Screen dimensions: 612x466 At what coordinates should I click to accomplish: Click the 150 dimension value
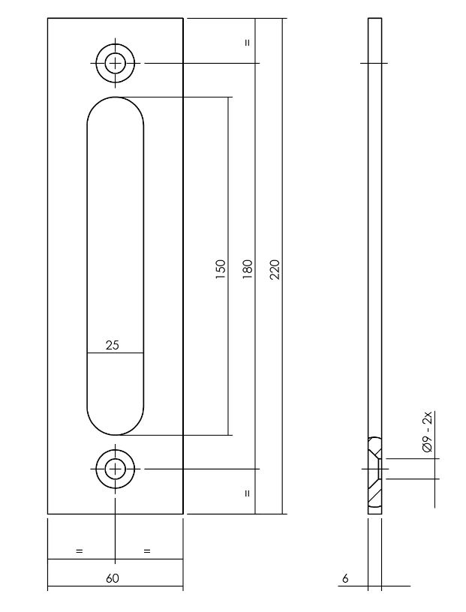point(220,269)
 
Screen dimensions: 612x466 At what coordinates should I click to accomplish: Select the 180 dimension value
point(248,269)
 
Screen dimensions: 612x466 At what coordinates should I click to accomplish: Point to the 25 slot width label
point(113,345)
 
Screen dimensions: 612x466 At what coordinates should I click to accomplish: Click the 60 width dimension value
point(113,578)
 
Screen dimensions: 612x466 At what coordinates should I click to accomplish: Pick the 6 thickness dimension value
point(345,578)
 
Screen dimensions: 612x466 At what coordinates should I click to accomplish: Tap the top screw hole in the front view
point(115,64)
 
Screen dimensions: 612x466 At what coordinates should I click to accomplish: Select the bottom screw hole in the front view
point(115,469)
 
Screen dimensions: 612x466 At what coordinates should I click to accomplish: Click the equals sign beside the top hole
point(247,43)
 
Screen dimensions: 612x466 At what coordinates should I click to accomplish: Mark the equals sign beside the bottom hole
point(247,493)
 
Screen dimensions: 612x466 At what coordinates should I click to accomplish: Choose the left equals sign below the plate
point(79,551)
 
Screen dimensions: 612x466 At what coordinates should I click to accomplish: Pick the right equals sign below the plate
point(147,551)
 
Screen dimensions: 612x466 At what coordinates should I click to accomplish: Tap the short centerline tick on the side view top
point(374,64)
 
